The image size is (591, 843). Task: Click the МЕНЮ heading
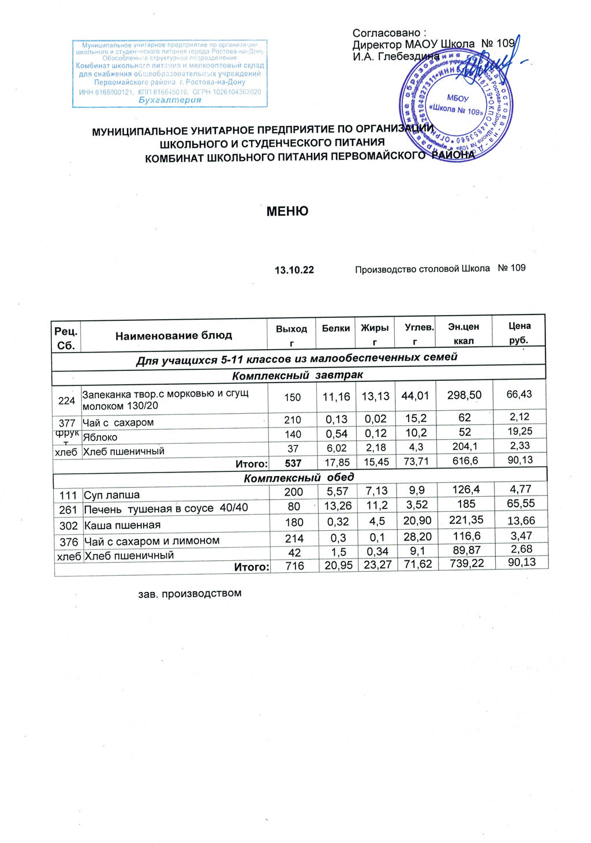tap(287, 211)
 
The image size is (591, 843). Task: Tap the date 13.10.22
tap(294, 270)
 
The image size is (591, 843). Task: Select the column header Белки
tap(336, 328)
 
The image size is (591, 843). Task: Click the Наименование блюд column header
tap(174, 335)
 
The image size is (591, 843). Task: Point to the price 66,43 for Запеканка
tap(519, 394)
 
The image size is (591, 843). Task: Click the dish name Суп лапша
tap(112, 495)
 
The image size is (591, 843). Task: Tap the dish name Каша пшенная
tap(122, 525)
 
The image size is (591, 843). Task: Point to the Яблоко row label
tap(100, 437)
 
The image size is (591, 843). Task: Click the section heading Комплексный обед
tap(299, 478)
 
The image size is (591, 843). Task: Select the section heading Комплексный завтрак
tap(297, 375)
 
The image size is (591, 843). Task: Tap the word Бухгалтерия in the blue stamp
tap(170, 100)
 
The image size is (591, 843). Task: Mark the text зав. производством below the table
tap(189, 593)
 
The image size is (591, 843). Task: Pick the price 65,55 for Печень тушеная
tap(521, 503)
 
